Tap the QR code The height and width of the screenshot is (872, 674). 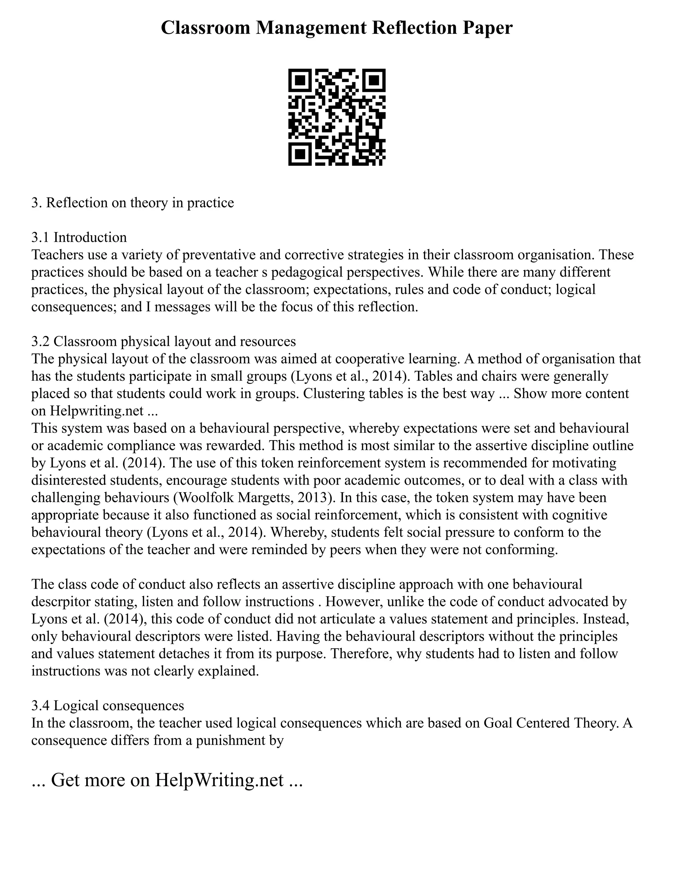tap(337, 117)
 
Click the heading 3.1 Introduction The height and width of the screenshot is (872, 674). tap(79, 237)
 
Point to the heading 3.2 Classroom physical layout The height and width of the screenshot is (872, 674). tap(164, 341)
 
